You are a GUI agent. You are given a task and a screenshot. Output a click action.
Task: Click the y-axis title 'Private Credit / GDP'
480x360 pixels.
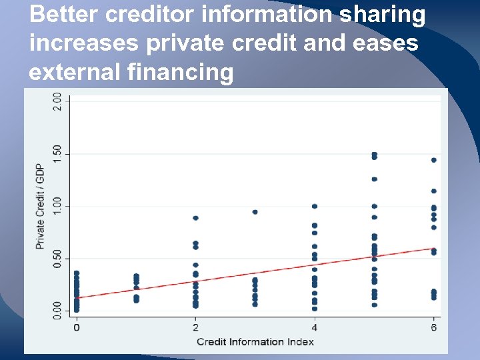(40, 206)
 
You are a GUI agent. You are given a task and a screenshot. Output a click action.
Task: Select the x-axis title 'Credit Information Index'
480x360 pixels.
(255, 342)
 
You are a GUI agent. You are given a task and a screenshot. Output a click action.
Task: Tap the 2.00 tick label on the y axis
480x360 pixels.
(58, 103)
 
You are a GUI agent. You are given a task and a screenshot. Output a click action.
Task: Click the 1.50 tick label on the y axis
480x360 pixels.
(58, 155)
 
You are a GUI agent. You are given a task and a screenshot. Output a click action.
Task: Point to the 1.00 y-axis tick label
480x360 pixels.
(58, 206)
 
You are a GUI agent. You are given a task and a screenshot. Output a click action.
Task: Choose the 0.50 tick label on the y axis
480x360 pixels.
(58, 258)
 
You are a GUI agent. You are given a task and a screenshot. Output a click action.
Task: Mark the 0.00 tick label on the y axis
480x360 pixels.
(58, 309)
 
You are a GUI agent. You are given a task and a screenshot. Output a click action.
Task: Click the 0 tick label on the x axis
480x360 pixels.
(77, 327)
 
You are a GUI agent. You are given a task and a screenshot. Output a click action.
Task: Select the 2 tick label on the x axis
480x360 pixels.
(195, 327)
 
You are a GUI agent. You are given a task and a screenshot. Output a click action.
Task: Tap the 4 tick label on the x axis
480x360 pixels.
(315, 327)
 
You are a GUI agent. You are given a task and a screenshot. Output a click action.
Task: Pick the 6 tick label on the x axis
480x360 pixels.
(434, 327)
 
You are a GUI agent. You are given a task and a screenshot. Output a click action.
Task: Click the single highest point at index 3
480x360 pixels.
(255, 212)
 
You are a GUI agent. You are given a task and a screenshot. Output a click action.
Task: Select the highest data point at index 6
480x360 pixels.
(434, 160)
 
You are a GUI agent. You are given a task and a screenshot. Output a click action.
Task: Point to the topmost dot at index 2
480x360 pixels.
(195, 218)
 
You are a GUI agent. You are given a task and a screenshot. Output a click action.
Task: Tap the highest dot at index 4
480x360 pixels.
(315, 206)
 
